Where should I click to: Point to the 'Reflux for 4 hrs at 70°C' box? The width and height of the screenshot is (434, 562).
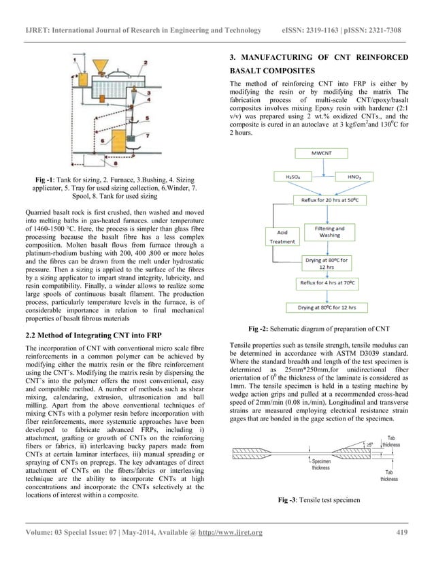(x=329, y=281)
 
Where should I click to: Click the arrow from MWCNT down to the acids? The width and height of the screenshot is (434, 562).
(x=319, y=165)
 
